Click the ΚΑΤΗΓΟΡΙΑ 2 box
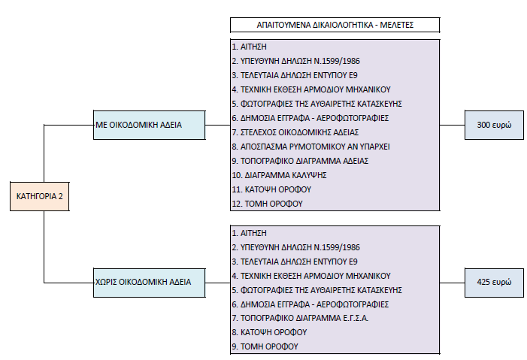coord(40,196)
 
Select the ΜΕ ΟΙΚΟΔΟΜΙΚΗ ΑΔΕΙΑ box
coord(149,125)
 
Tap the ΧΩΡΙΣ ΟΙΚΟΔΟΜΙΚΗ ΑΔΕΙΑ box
coord(149,283)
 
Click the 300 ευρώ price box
coord(494,125)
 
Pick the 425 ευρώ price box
coord(494,283)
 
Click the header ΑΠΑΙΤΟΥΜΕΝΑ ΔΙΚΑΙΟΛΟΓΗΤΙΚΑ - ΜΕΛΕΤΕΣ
coord(335,25)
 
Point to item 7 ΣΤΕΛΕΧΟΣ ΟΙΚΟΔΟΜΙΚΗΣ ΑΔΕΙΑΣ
coord(295,132)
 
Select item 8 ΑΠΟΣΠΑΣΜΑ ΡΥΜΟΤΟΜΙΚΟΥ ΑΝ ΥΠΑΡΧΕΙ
coord(311,147)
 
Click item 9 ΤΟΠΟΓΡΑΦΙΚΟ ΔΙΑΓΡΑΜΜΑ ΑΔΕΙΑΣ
coord(300,161)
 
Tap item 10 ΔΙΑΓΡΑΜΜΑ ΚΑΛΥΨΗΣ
coord(280,175)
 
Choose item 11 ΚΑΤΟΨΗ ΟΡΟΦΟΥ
coord(271,189)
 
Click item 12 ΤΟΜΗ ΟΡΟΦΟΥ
coord(267,204)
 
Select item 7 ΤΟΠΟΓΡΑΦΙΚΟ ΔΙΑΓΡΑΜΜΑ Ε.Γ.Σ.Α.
coord(300,318)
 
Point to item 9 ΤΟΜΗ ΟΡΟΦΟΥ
coord(265,346)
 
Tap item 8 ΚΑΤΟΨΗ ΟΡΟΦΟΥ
coord(269,332)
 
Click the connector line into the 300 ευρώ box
coord(453,125)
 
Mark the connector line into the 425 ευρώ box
coord(453,283)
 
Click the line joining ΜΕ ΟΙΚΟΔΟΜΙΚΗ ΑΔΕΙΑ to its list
coord(218,125)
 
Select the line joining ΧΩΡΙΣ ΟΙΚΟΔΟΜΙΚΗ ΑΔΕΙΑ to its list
coord(218,283)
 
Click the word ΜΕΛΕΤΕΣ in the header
coord(397,25)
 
